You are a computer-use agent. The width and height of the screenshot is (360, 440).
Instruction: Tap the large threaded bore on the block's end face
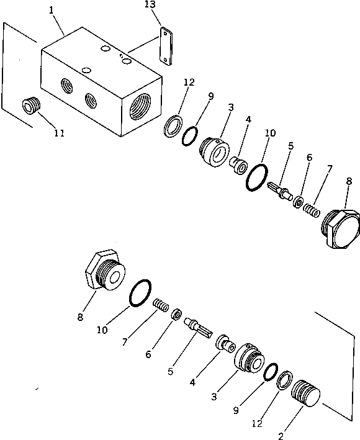(x=141, y=104)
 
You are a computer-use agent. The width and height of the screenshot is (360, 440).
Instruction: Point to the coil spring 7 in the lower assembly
(x=161, y=305)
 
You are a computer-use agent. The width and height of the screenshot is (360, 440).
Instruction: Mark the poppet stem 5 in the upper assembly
(x=279, y=188)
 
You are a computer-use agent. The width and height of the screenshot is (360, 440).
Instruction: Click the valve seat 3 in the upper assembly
(x=214, y=150)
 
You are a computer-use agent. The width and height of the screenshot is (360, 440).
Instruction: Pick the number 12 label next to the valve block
(x=189, y=83)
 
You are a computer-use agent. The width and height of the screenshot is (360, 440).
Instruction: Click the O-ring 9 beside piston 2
(x=270, y=373)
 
